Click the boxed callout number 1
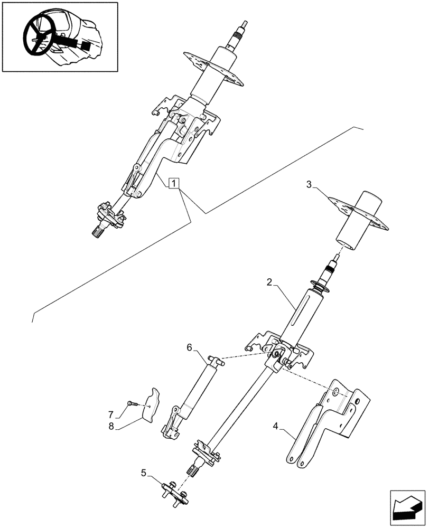pyautogui.click(x=174, y=184)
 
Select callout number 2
pyautogui.click(x=269, y=283)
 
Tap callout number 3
pyautogui.click(x=309, y=184)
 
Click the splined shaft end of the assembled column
pyautogui.click(x=99, y=231)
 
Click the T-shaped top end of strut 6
pyautogui.click(x=216, y=361)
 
